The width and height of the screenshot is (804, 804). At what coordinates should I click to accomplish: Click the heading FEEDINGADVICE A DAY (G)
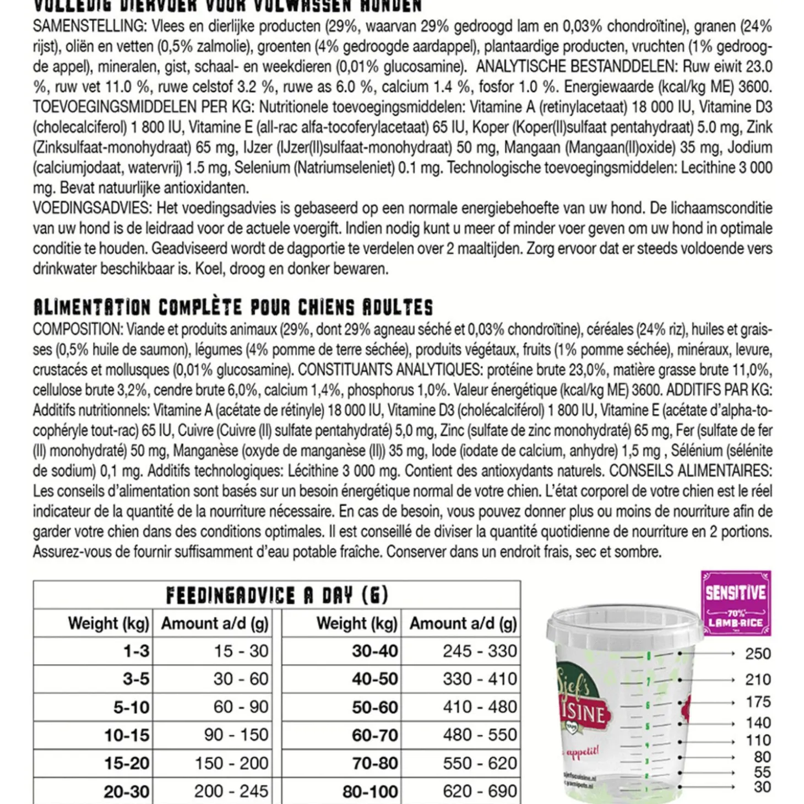coord(277,595)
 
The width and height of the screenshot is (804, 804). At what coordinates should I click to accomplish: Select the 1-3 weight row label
coord(136,651)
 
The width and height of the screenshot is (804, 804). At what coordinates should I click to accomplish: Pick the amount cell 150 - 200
coord(231,763)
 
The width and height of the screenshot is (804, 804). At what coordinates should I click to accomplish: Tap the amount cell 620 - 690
coord(480,791)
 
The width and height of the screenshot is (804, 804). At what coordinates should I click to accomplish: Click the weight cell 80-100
coord(370,791)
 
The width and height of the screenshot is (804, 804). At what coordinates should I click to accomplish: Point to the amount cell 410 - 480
coord(480,707)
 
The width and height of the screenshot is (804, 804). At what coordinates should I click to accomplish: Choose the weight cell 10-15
coord(127,735)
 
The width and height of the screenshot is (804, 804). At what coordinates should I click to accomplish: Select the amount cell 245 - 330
coord(480,651)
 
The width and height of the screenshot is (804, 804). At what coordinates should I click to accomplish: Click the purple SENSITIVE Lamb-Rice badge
coord(736,603)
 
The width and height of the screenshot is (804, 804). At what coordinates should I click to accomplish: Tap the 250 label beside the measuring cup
coord(758,654)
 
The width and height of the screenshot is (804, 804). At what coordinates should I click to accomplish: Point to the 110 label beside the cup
coord(758,740)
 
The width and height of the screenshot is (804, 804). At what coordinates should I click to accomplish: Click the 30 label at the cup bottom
coord(762,787)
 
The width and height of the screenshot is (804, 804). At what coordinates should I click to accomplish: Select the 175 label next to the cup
coord(758,702)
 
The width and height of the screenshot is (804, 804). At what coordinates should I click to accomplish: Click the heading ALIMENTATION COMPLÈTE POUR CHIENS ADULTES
coord(233,307)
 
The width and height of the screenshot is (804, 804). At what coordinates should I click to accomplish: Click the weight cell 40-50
coord(374,679)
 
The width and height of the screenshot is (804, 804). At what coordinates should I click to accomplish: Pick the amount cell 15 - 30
coord(241,651)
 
